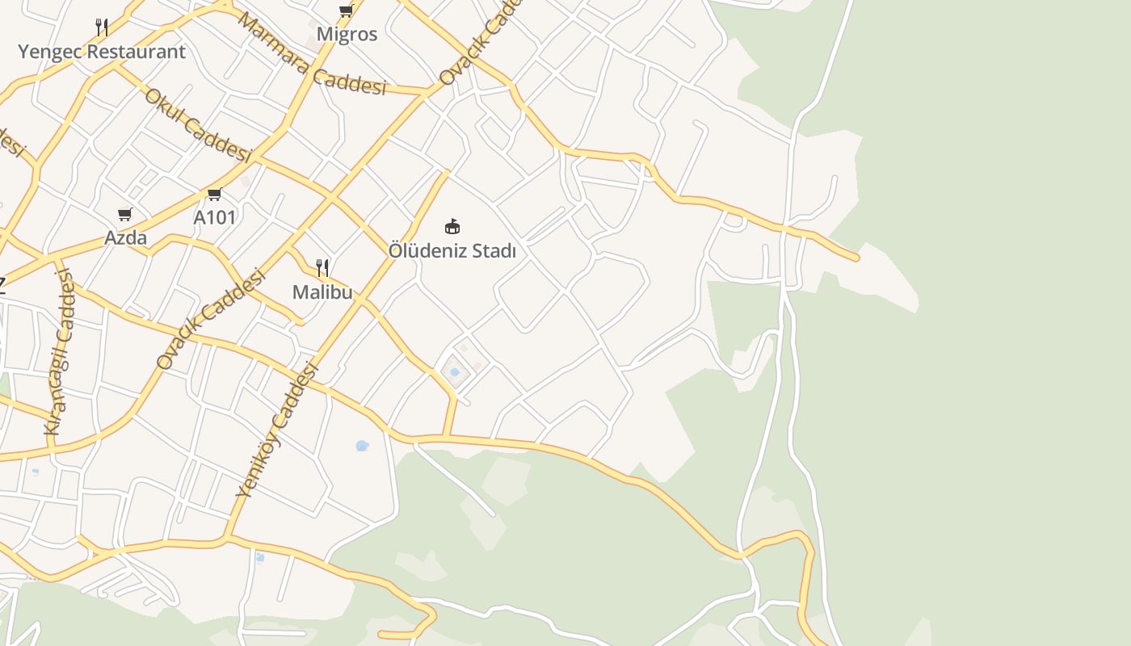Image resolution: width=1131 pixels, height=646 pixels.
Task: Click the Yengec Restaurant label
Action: [x=102, y=52]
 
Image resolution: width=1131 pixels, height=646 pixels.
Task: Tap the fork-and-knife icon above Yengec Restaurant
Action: [x=102, y=27]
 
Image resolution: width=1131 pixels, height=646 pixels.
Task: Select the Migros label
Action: [x=347, y=34]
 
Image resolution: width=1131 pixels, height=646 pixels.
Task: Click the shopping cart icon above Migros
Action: [x=347, y=10]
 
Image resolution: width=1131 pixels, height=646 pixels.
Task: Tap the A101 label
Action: [x=215, y=217]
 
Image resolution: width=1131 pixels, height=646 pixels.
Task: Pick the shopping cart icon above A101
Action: [x=215, y=194]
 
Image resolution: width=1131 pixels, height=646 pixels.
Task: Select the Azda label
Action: [x=125, y=237]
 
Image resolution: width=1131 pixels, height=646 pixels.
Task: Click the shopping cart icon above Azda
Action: [x=125, y=214]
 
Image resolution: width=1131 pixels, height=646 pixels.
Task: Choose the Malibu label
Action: [x=322, y=292]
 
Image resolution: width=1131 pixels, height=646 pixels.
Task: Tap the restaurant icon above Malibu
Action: [x=322, y=267]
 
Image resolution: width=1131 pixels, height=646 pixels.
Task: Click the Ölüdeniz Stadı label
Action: [x=452, y=251]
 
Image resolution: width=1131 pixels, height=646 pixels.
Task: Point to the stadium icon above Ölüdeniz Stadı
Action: [x=452, y=226]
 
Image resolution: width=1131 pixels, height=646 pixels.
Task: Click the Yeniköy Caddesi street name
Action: [x=277, y=430]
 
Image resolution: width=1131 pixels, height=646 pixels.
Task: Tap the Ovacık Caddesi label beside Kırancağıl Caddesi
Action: [x=211, y=320]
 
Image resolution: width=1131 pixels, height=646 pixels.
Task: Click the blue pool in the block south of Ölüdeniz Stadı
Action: [x=455, y=372]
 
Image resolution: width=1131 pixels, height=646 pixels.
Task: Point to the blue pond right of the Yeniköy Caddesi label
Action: [x=363, y=445]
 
